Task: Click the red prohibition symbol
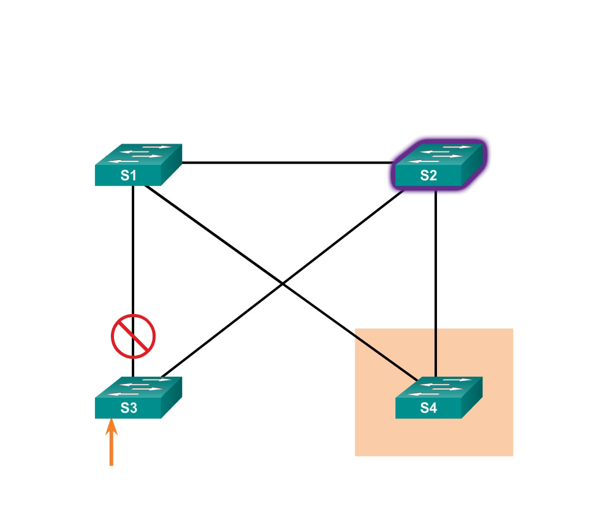pyautogui.click(x=133, y=336)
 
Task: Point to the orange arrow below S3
pyautogui.click(x=111, y=445)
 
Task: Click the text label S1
pyautogui.click(x=128, y=175)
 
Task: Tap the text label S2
pyautogui.click(x=428, y=175)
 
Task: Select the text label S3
pyautogui.click(x=128, y=409)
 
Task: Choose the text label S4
pyautogui.click(x=428, y=409)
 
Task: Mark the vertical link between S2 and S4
pyautogui.click(x=435, y=282)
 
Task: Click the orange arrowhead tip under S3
pyautogui.click(x=111, y=421)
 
